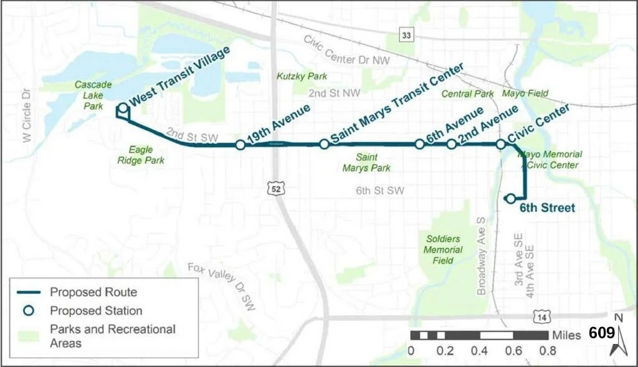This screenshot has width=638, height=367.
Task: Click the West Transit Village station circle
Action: pos(123,108)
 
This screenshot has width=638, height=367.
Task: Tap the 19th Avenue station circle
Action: pos(240,145)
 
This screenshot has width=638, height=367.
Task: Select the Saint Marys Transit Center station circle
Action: pos(324,144)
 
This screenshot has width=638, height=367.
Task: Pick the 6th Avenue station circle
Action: pos(419,144)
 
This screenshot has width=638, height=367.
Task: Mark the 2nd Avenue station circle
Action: pos(451,144)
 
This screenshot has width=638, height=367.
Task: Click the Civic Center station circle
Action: pos(500,144)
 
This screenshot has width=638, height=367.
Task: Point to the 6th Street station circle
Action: pos(510,199)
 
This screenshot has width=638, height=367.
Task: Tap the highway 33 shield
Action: pos(407,36)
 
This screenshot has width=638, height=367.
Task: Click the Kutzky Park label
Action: pos(302,76)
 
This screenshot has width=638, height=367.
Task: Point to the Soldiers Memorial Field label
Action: pos(444,250)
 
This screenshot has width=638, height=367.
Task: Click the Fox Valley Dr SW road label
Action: pos(223,285)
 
